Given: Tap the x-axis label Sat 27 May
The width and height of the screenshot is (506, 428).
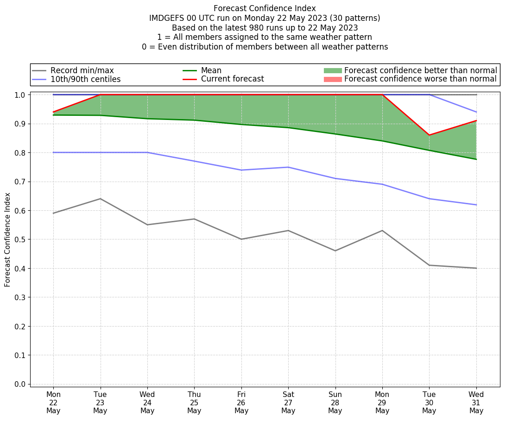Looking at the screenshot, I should pyautogui.click(x=288, y=402).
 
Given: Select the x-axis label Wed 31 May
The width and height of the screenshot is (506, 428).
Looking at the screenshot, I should pyautogui.click(x=476, y=402).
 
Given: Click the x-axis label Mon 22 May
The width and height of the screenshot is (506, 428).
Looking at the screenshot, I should pyautogui.click(x=53, y=402).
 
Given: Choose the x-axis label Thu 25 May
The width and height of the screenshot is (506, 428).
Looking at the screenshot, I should pyautogui.click(x=194, y=402).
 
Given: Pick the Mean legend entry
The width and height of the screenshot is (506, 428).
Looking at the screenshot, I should pyautogui.click(x=211, y=70).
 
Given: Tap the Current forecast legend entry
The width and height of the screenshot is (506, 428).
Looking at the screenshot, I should pyautogui.click(x=232, y=79).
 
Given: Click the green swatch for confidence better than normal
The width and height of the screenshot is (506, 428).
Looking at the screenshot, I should pyautogui.click(x=332, y=70).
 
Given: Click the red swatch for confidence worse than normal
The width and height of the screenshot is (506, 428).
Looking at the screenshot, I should pyautogui.click(x=332, y=79).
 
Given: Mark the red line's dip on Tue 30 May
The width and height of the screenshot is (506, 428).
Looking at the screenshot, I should pyautogui.click(x=429, y=135).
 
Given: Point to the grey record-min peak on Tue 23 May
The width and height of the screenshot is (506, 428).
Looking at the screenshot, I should pyautogui.click(x=100, y=199).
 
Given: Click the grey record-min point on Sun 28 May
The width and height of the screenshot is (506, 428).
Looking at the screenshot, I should pyautogui.click(x=335, y=251).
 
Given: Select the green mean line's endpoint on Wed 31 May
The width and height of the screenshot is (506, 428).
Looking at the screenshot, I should pyautogui.click(x=476, y=159).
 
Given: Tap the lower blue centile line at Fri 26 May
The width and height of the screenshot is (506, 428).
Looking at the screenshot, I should pyautogui.click(x=241, y=170).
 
